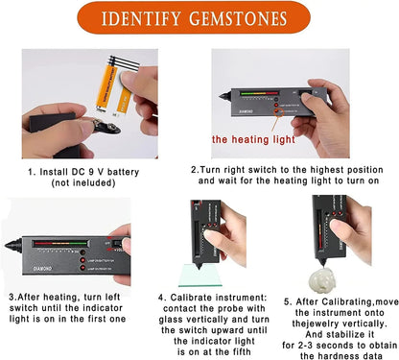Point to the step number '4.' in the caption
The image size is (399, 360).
point(161,299)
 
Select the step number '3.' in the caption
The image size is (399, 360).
point(12,299)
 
